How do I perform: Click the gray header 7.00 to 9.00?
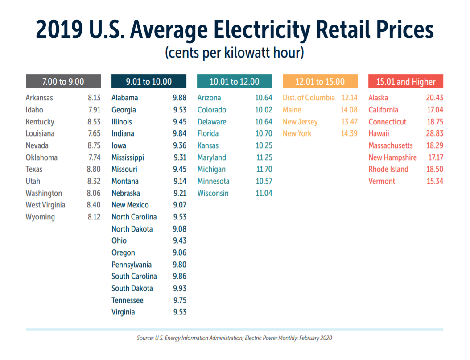click(x=63, y=82)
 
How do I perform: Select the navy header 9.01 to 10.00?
click(x=149, y=82)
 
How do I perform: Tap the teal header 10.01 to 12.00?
click(x=235, y=82)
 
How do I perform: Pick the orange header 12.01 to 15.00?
click(x=320, y=82)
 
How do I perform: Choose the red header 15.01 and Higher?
click(x=406, y=82)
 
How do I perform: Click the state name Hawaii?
click(x=379, y=133)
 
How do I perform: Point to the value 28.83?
click(x=434, y=133)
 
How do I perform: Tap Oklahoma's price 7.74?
click(x=94, y=157)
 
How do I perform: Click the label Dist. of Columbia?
click(x=309, y=98)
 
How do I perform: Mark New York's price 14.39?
click(x=349, y=133)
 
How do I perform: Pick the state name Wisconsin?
click(x=213, y=193)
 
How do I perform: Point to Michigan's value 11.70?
click(x=263, y=169)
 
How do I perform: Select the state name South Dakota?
click(x=132, y=288)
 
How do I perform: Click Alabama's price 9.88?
click(x=180, y=98)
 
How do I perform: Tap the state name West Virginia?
click(x=45, y=205)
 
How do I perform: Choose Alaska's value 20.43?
click(x=434, y=98)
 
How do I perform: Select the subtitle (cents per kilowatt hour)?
click(x=235, y=53)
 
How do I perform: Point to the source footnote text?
click(x=235, y=338)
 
